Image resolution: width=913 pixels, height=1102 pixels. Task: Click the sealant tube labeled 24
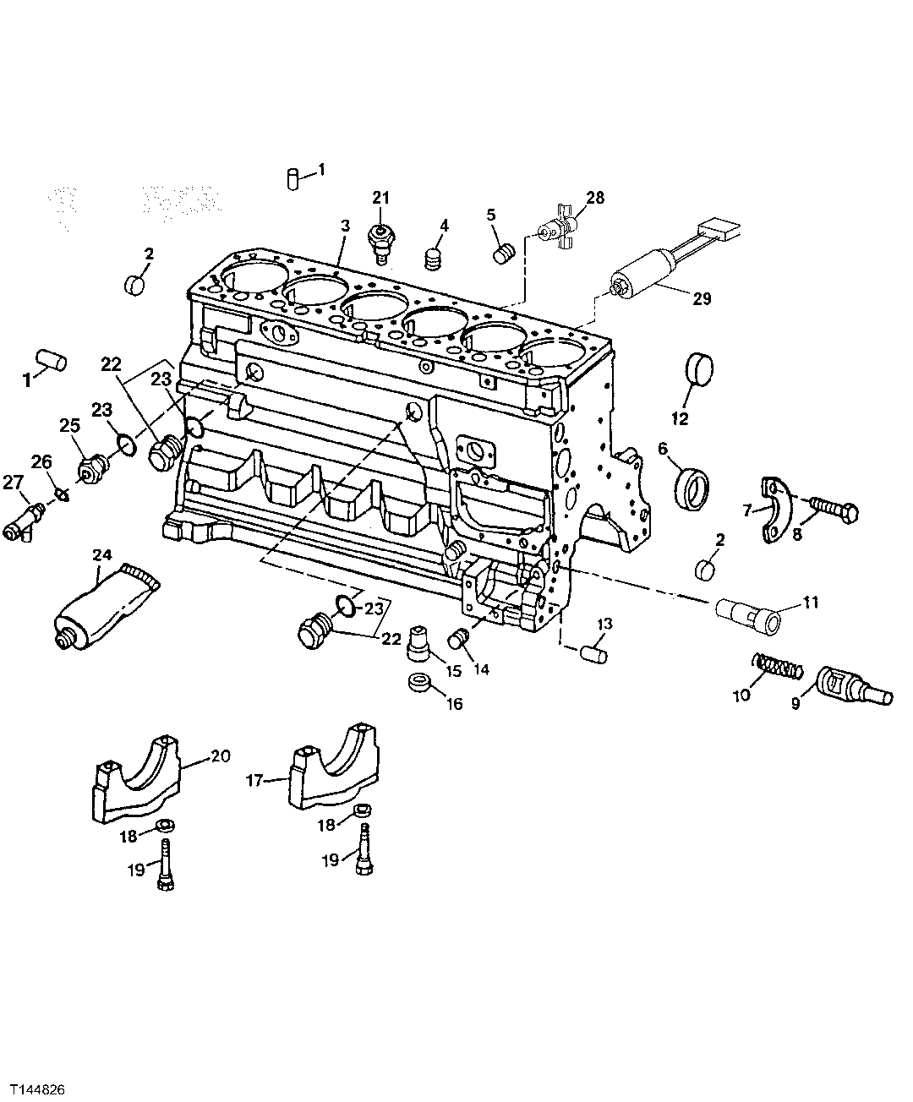coord(101,606)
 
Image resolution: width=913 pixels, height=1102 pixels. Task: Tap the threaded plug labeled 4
coord(434,259)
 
